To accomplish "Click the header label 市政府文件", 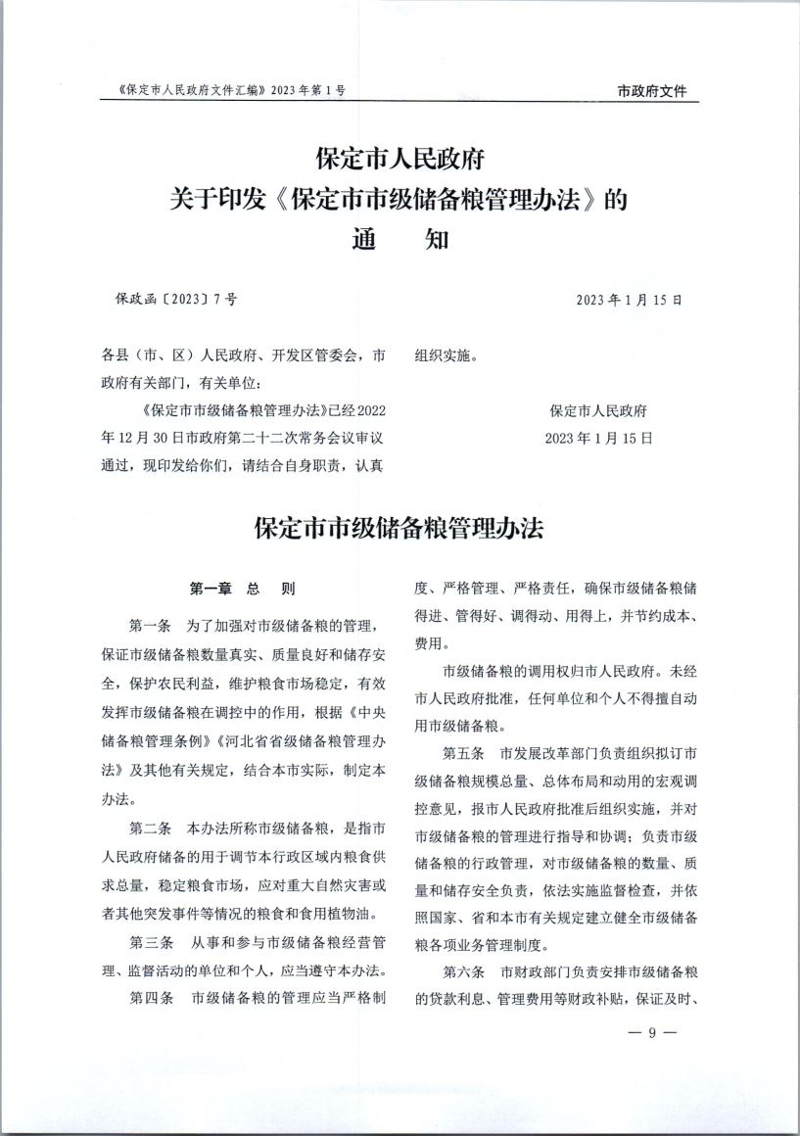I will pyautogui.click(x=652, y=91).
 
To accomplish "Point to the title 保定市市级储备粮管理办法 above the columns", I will pyautogui.click(x=399, y=529).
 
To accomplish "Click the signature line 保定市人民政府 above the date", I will pyautogui.click(x=598, y=411).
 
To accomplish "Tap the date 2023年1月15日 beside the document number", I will pyautogui.click(x=629, y=299).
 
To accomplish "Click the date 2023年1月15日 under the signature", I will pyautogui.click(x=598, y=438).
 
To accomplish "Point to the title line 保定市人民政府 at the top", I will pyautogui.click(x=400, y=157).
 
